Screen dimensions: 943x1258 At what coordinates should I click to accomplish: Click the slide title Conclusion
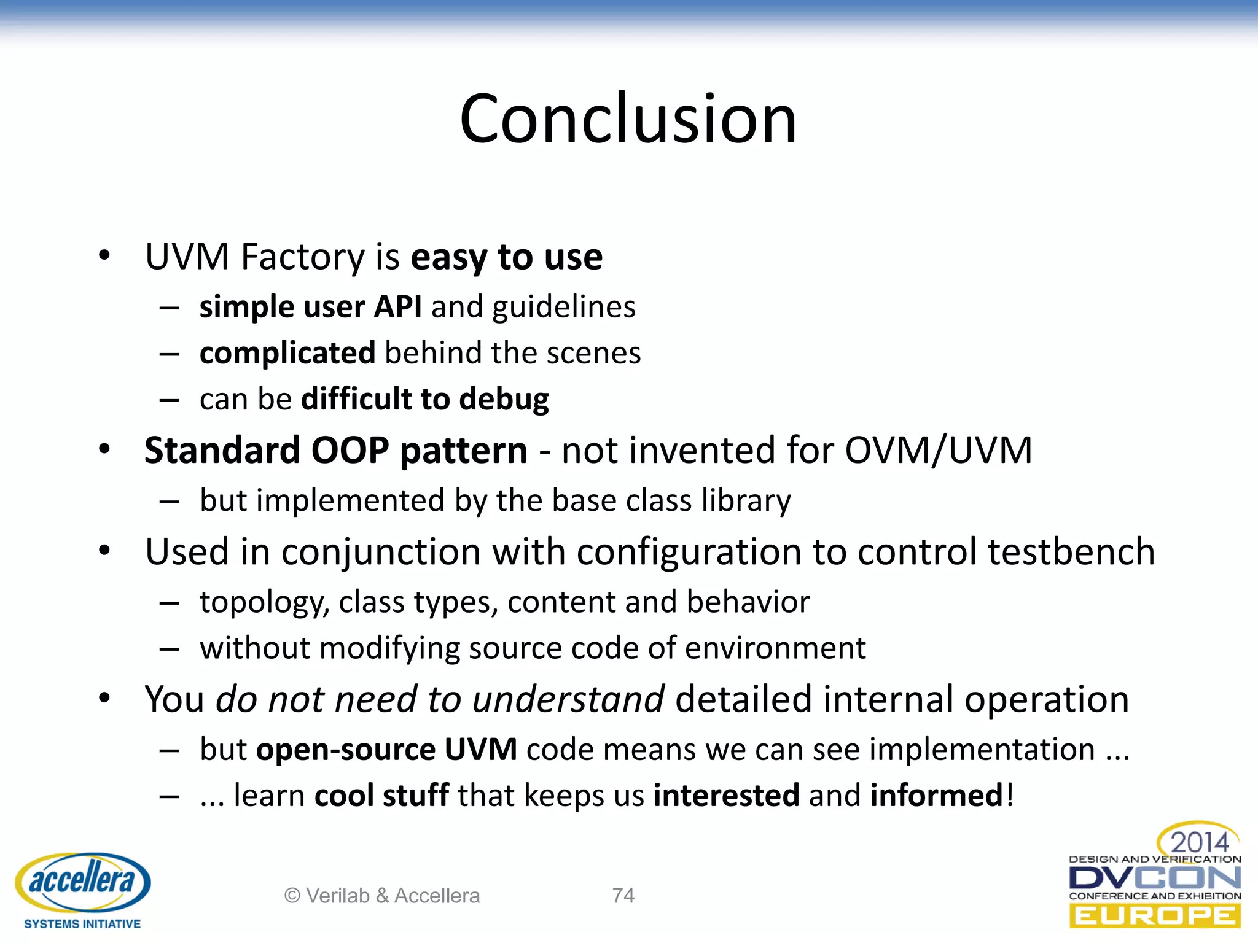628,118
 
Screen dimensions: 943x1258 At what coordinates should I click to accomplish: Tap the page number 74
623,896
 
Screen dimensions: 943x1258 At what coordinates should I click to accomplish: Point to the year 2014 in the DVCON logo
1199,842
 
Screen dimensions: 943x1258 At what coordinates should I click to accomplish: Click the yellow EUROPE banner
1155,916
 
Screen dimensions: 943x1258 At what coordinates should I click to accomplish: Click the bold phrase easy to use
506,257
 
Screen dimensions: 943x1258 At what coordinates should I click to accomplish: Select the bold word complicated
287,353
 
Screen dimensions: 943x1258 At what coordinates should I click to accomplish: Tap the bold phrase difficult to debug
425,399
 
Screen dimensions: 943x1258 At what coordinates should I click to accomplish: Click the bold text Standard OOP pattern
335,451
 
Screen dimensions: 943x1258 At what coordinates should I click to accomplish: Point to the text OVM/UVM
938,451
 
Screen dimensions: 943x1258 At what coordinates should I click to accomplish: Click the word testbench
1071,551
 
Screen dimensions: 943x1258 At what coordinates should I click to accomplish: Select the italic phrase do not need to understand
440,699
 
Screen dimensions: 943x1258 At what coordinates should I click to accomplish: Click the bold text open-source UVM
386,750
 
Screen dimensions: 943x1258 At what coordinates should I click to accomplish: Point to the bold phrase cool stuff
381,796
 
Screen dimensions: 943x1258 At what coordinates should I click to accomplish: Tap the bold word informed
936,796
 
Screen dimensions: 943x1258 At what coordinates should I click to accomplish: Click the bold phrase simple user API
310,306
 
